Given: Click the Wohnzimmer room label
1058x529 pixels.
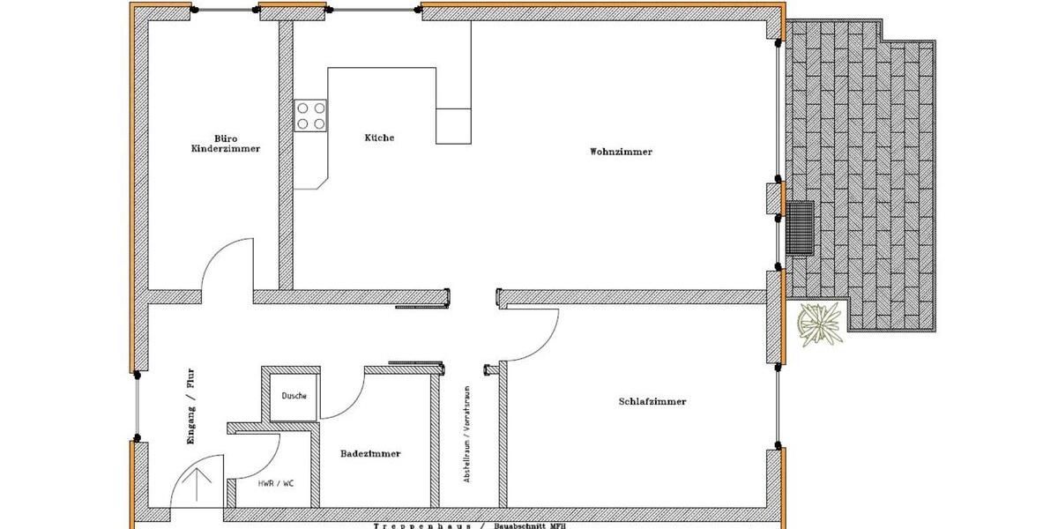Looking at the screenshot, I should [x=621, y=152].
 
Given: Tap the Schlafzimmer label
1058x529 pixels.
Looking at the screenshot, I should [x=652, y=401].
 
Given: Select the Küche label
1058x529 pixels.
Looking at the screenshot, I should [x=379, y=138].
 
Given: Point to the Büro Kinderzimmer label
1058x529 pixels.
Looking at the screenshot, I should [x=226, y=144].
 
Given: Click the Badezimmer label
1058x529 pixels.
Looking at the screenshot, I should [x=370, y=453].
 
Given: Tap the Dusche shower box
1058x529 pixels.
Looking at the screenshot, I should [x=294, y=396].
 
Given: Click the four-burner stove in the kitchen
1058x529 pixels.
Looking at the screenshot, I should [x=311, y=115].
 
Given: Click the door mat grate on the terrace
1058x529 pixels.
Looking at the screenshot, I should [x=800, y=227].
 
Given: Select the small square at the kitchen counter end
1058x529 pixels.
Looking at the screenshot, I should [x=453, y=125].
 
